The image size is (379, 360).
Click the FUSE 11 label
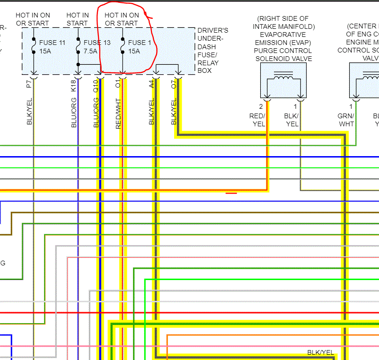pyautogui.click(x=53, y=43)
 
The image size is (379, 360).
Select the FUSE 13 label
pyautogui.click(x=97, y=43)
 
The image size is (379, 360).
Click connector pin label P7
pyautogui.click(x=29, y=84)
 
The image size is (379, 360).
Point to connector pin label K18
pyautogui.click(x=73, y=85)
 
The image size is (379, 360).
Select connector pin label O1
pyautogui.click(x=118, y=84)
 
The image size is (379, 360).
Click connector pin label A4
pyautogui.click(x=151, y=84)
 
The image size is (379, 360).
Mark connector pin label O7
pyautogui.click(x=174, y=84)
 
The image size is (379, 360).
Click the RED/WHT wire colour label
pyautogui.click(x=118, y=114)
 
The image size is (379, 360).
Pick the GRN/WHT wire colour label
pyautogui.click(x=346, y=120)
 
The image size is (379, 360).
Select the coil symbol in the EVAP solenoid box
pyautogui.click(x=283, y=77)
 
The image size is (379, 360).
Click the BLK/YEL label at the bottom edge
pyautogui.click(x=320, y=353)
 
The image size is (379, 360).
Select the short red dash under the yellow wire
pyautogui.click(x=231, y=193)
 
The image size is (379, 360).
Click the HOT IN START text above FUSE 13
pyautogui.click(x=78, y=19)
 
